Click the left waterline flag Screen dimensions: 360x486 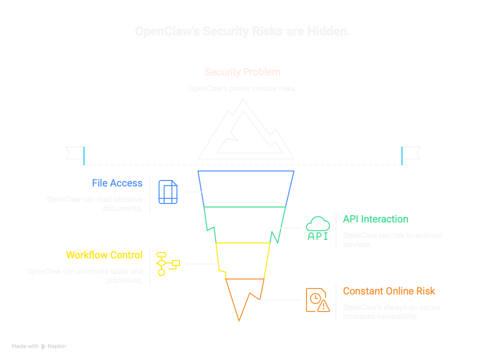coord(75,152)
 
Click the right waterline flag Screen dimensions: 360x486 coord(411,152)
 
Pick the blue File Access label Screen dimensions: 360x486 coord(117,183)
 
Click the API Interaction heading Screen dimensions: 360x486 coord(375,219)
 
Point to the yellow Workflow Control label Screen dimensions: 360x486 coord(104,255)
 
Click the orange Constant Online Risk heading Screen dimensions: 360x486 coord(389,291)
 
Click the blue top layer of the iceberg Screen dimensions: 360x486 coord(245,188)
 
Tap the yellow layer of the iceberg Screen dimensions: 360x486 coord(243,260)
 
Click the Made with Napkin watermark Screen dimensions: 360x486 coord(39,346)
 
